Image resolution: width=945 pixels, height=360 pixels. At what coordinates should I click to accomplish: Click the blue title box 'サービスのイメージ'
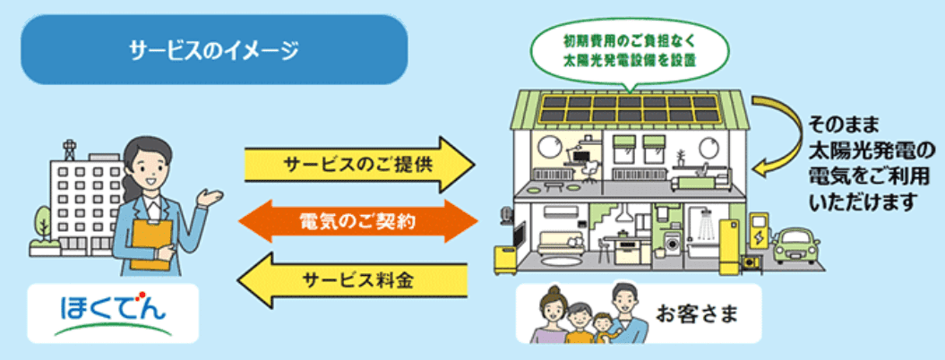(214, 50)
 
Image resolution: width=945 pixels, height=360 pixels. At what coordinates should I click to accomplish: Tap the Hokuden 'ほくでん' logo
(112, 313)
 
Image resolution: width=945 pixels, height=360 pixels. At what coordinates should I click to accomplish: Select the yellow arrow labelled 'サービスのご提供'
(358, 166)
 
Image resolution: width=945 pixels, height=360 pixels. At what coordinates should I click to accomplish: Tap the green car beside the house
(795, 244)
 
